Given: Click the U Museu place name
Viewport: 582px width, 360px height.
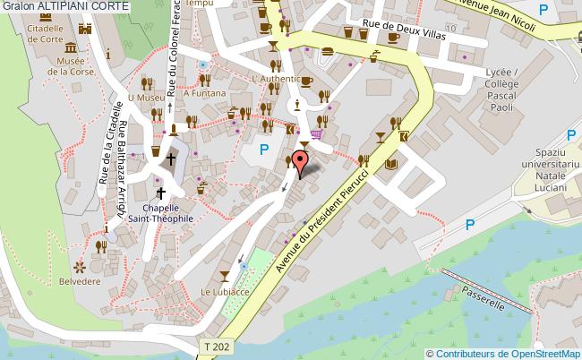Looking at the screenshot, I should point(146,97).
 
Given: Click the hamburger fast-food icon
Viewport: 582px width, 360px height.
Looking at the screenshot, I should point(328,51).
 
